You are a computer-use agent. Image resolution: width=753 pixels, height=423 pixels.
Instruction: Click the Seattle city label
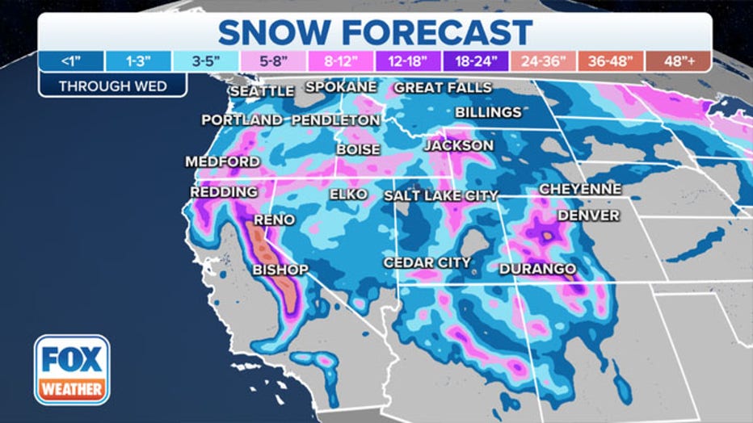click(x=262, y=91)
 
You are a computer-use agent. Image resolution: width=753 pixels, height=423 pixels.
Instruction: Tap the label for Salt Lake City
click(x=440, y=196)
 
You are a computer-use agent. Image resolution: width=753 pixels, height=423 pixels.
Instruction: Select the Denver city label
click(x=588, y=216)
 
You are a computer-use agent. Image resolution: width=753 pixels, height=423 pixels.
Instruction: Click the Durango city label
click(x=537, y=269)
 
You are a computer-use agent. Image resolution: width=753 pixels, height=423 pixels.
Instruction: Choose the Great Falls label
click(x=442, y=87)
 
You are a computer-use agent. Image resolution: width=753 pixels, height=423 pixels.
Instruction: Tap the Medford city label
click(x=222, y=161)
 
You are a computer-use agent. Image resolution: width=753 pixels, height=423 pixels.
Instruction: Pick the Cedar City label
click(x=427, y=262)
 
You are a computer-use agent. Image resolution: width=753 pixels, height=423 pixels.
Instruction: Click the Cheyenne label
click(x=580, y=189)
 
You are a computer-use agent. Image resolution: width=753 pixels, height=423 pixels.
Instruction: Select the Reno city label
click(x=274, y=220)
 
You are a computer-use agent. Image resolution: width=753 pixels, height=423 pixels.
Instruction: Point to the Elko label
click(x=348, y=195)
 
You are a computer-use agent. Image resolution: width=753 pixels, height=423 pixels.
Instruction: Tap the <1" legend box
click(x=72, y=61)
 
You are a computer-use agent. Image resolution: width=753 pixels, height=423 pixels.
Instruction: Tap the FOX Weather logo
click(x=72, y=370)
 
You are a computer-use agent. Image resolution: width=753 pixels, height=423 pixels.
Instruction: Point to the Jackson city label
click(x=458, y=145)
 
